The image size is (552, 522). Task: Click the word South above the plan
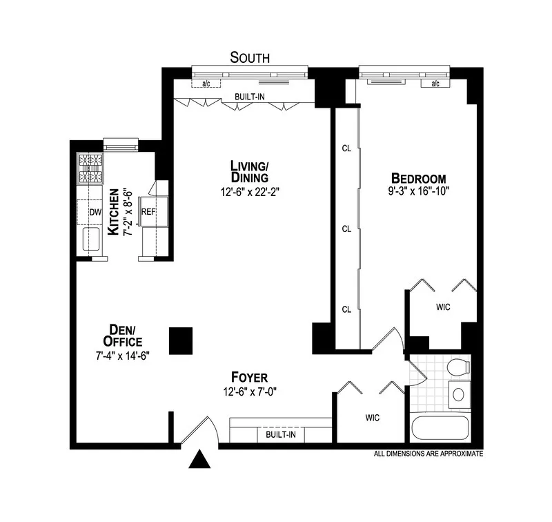click(x=250, y=57)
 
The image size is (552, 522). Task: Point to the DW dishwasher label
click(x=95, y=212)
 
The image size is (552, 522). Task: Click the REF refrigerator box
click(x=148, y=212)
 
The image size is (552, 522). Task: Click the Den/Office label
click(x=122, y=336)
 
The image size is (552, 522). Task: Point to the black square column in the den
click(x=181, y=340)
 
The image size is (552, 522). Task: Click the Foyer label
click(x=250, y=378)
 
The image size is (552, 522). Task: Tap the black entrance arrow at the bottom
click(x=198, y=458)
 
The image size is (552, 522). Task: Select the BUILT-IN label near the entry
click(x=276, y=436)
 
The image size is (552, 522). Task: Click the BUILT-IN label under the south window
click(x=249, y=97)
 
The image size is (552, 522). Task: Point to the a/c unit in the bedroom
click(x=435, y=84)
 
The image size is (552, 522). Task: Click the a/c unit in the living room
click(x=206, y=84)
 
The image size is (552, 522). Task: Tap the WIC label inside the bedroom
click(x=442, y=307)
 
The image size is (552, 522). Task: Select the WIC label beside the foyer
click(x=372, y=417)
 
